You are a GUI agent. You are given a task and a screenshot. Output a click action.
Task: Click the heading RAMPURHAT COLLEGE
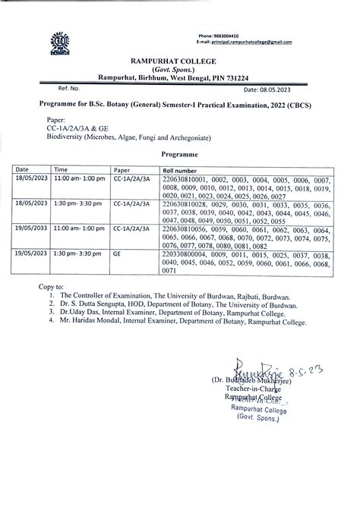pyautogui.click(x=179, y=60)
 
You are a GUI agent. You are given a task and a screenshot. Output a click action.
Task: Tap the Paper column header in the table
pyautogui.click(x=122, y=170)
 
